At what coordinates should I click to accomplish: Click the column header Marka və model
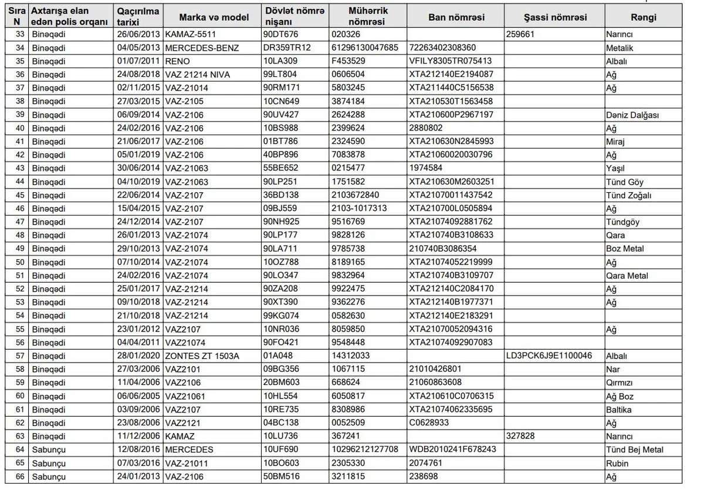click(x=214, y=17)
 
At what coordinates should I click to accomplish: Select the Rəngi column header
click(x=643, y=17)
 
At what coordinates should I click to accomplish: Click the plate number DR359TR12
click(x=287, y=48)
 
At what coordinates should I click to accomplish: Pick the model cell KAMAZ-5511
click(x=191, y=34)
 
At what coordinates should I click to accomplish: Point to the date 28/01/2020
click(x=138, y=356)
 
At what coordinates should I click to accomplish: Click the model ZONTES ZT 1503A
click(x=202, y=356)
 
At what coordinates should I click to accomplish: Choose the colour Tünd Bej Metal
click(x=635, y=450)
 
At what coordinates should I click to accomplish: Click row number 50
click(x=20, y=262)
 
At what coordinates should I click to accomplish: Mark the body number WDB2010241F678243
click(x=453, y=450)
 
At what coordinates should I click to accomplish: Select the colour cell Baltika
click(x=619, y=410)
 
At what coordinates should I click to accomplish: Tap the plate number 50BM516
click(x=281, y=477)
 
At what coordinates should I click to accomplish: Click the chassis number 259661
click(x=520, y=34)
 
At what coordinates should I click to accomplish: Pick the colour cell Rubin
click(x=617, y=463)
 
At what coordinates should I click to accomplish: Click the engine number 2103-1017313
click(x=359, y=209)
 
